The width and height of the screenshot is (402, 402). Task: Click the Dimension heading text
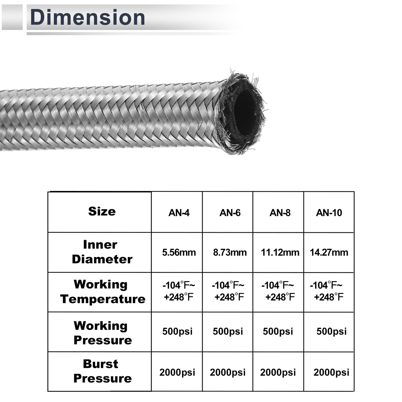click(x=88, y=17)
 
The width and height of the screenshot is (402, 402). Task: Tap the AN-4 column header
click(x=179, y=213)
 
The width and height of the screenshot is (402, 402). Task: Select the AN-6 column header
click(x=230, y=213)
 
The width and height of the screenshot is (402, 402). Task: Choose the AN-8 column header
click(x=280, y=213)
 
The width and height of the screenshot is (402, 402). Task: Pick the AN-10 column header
click(x=329, y=213)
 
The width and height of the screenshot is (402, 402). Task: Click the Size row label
click(x=102, y=211)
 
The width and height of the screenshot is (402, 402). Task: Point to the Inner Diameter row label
click(x=102, y=252)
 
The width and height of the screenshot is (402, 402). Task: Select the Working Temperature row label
click(x=103, y=292)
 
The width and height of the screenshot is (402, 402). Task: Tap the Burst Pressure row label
click(x=102, y=371)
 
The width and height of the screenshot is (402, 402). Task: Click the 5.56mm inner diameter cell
click(x=179, y=253)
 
